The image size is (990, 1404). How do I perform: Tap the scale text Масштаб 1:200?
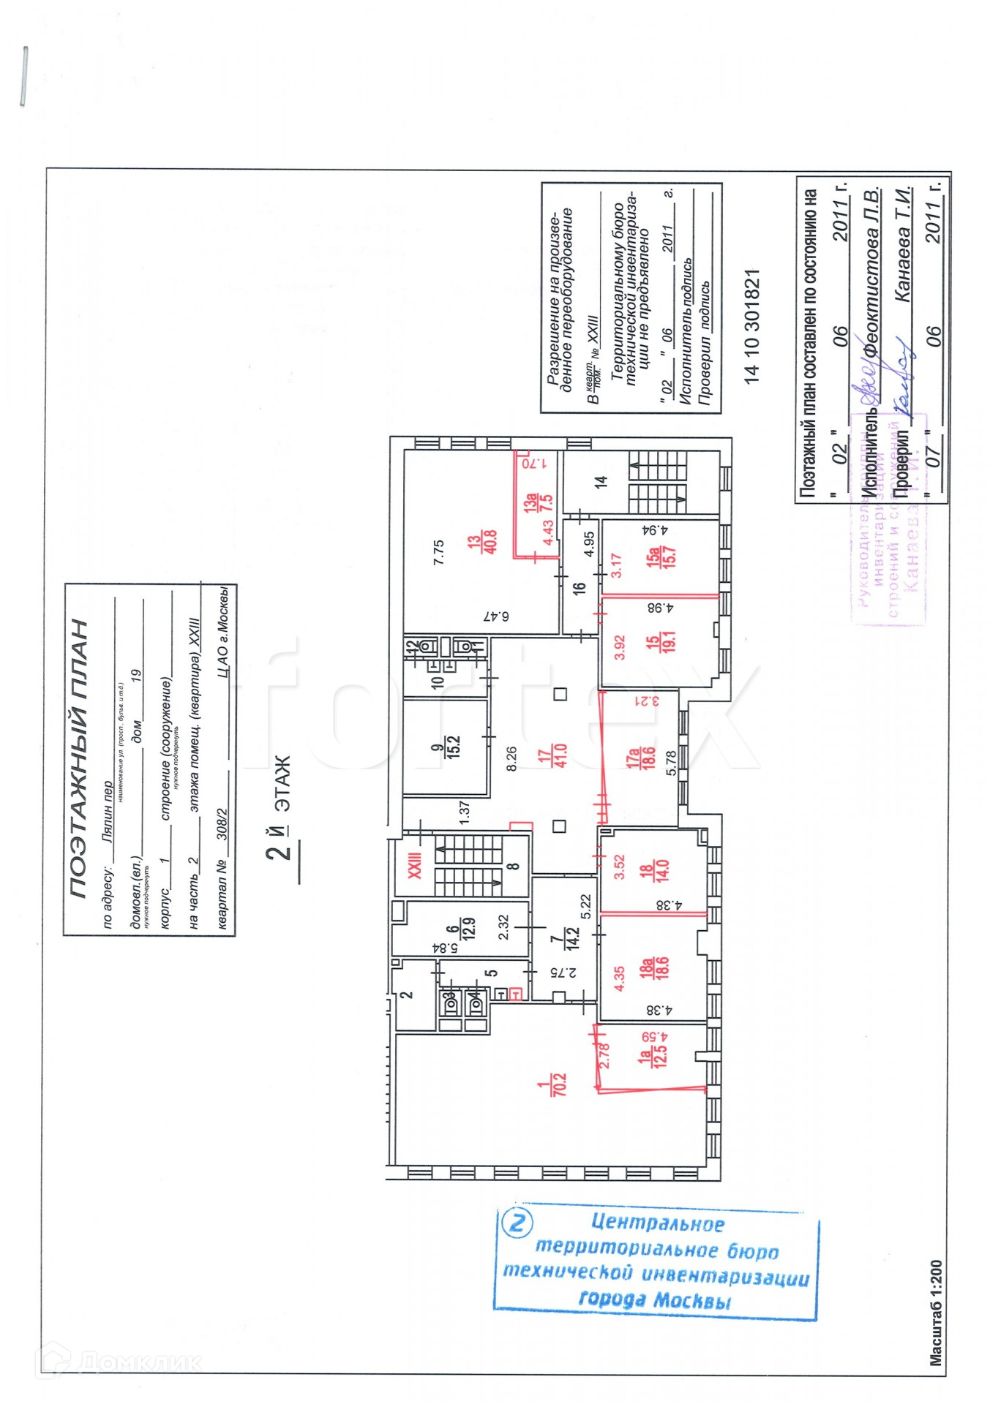[936, 1313]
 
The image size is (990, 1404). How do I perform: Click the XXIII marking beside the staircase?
[415, 865]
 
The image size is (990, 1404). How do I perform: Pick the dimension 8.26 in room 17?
[511, 758]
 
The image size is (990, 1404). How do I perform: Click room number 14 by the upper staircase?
[601, 482]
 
